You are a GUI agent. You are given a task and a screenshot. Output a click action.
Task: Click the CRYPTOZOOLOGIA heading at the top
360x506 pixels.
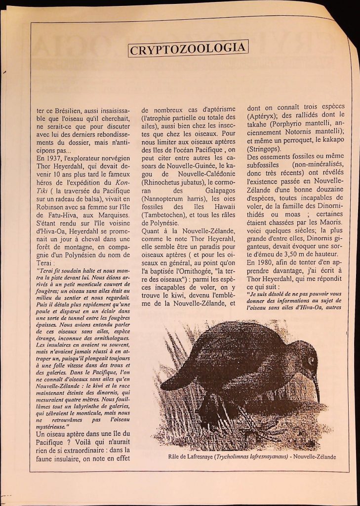click(188, 48)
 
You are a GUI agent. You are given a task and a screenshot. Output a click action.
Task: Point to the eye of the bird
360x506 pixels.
click(311, 360)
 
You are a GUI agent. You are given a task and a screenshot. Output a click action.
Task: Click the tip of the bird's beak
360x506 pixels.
click(319, 401)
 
